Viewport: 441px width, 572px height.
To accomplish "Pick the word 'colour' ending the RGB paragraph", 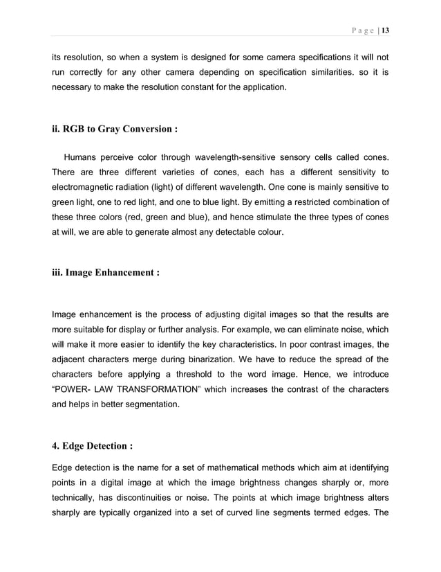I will (x=268, y=233).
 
